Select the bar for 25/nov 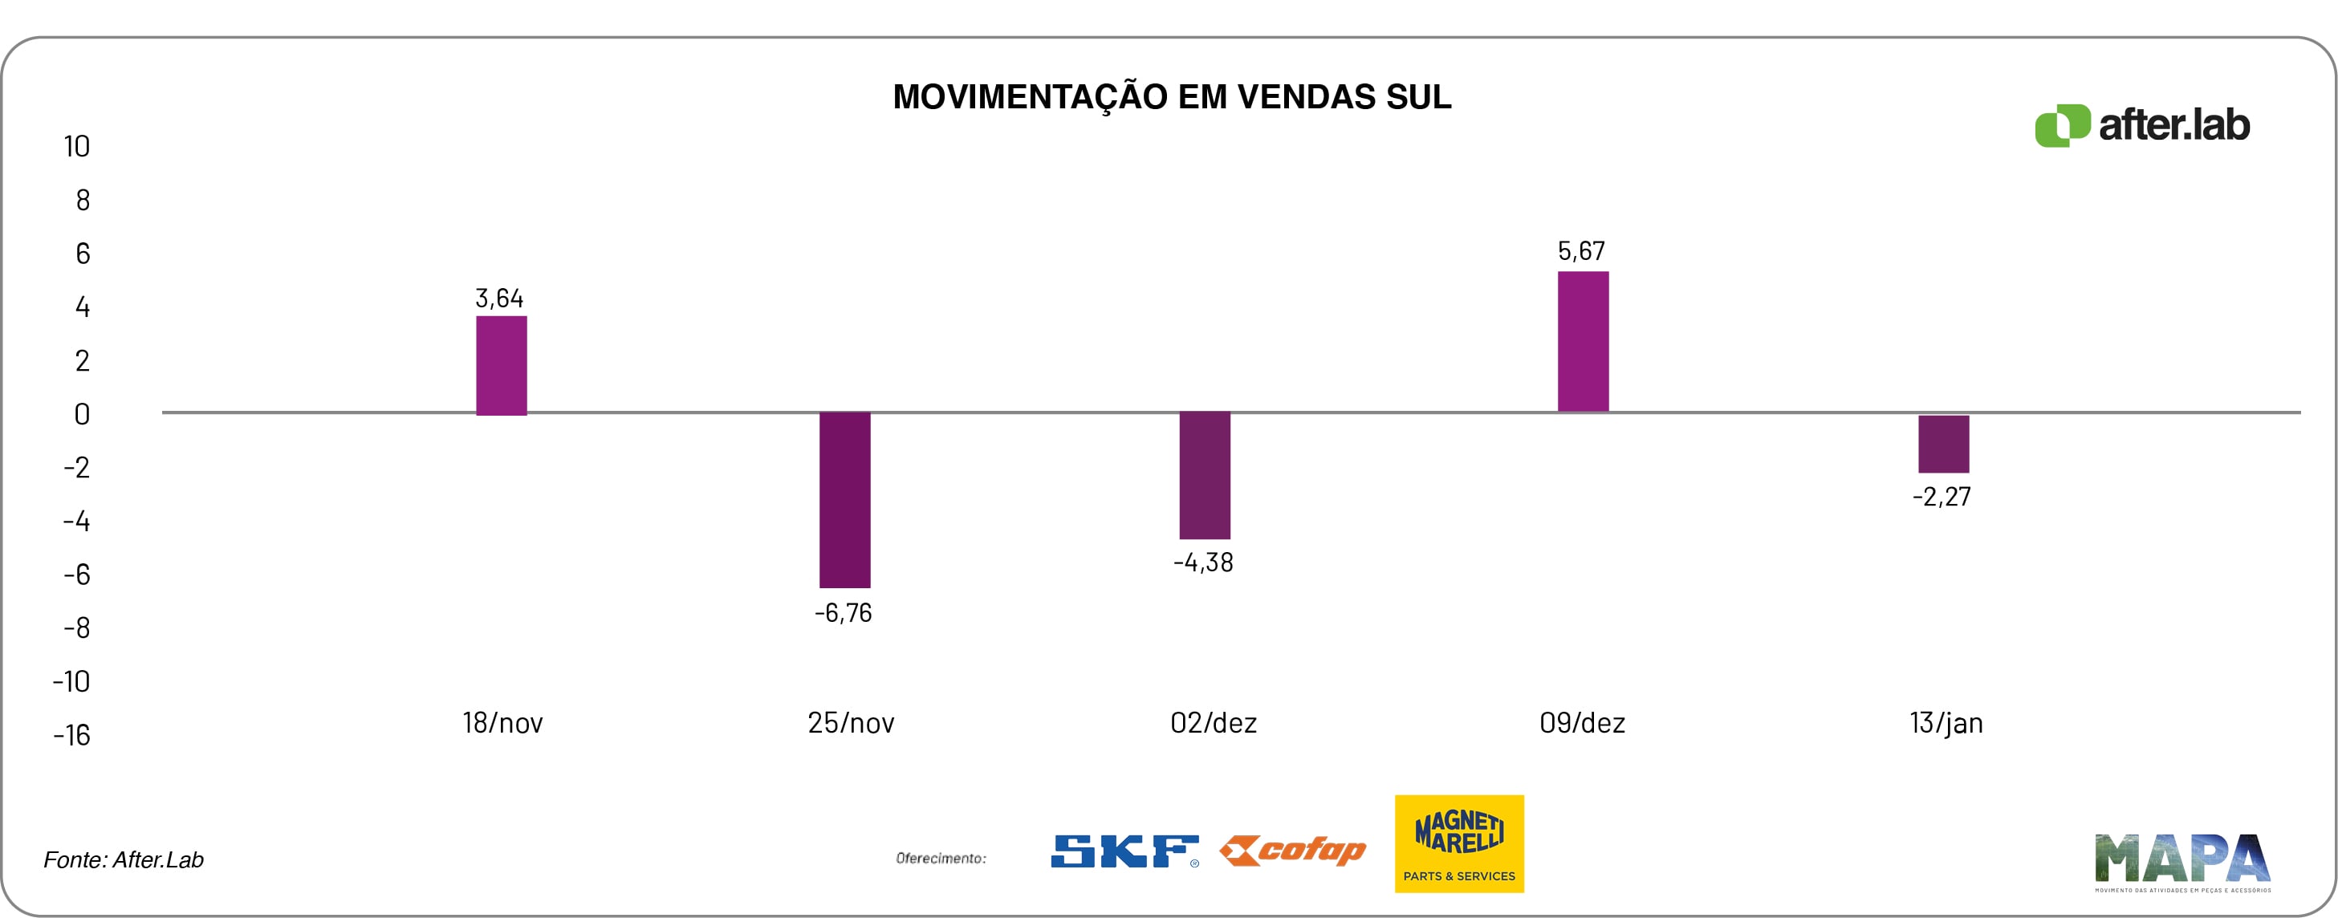pos(844,499)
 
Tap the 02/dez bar pos(1205,474)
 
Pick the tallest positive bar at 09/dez pos(1583,341)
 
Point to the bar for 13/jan pos(1943,444)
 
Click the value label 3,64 pos(499,299)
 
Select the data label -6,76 pos(844,613)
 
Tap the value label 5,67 pos(1581,251)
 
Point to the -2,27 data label pos(1942,497)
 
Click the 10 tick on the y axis pos(77,147)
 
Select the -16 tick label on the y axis pos(71,735)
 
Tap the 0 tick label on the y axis pos(82,415)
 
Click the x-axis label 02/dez pos(1214,723)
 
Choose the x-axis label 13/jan pos(1946,723)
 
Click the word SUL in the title pos(1418,97)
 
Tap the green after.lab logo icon pos(2062,125)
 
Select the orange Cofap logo pos(1292,851)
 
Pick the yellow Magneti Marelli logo pos(1459,843)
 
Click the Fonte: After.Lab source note pos(124,860)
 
